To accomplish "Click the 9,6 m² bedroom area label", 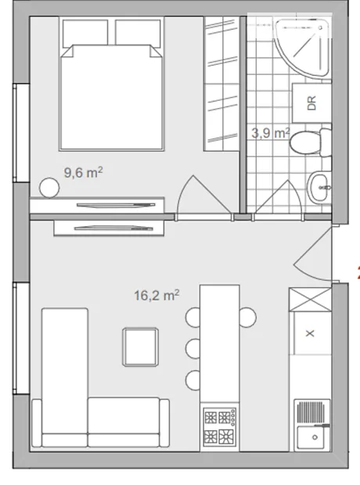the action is tap(83, 172).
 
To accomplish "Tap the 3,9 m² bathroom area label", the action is tap(271, 133).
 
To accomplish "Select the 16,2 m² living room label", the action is tap(157, 295).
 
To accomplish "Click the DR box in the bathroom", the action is tap(311, 102).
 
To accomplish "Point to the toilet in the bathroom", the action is tap(311, 142).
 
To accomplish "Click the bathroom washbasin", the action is tap(319, 188).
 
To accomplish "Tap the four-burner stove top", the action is tap(219, 427).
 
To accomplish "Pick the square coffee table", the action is tap(141, 347).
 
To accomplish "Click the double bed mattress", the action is tap(111, 98).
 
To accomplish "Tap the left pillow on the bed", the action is tap(85, 33).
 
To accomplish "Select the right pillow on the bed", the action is tap(138, 33).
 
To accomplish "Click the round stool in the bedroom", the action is tap(49, 188).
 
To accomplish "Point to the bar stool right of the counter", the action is tap(248, 317).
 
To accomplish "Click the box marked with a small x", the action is tap(311, 333).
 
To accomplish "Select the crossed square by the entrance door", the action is tap(310, 300).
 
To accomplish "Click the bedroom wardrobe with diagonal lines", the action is tap(221, 84).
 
